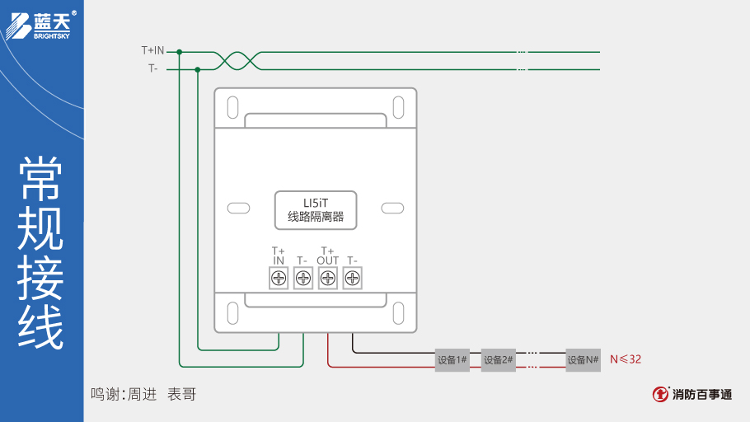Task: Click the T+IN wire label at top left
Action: [152, 51]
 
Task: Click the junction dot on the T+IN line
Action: [179, 51]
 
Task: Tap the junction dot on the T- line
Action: [198, 69]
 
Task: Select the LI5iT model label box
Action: [315, 209]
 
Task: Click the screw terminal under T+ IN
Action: [279, 279]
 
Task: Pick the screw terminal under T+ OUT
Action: [328, 279]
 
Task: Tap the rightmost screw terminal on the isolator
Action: [353, 279]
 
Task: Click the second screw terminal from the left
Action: [303, 279]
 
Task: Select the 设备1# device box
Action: [452, 359]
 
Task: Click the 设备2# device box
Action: [498, 359]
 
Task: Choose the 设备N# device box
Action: [583, 359]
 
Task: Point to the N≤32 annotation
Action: [626, 359]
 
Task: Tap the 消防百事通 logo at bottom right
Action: [692, 394]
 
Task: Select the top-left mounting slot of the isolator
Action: [233, 107]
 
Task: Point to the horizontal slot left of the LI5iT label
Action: [238, 209]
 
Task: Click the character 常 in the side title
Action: [41, 177]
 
